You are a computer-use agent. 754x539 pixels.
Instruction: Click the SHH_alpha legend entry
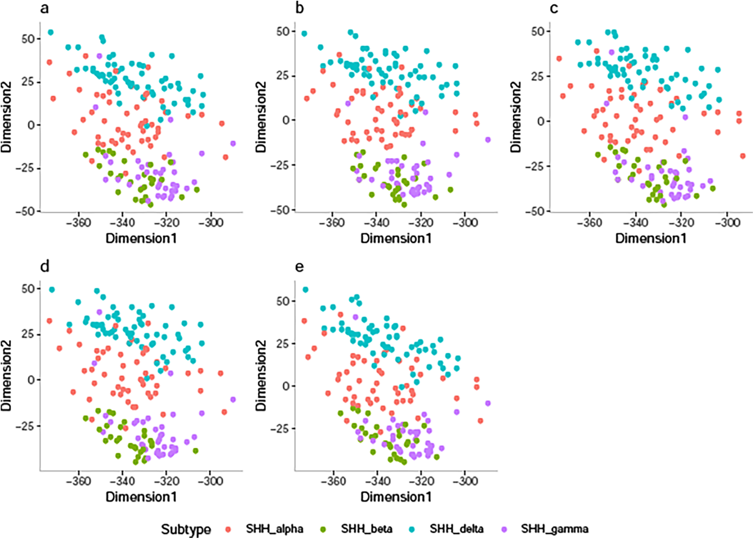click(x=274, y=529)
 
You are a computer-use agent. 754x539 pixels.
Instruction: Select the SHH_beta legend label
click(x=367, y=529)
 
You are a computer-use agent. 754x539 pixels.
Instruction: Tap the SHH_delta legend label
click(x=456, y=529)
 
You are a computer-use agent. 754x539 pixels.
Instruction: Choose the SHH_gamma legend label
click(x=554, y=529)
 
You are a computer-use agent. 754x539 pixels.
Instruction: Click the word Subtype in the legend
click(x=186, y=529)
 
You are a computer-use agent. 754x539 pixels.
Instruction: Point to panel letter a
click(x=45, y=8)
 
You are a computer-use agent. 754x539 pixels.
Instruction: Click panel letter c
click(x=554, y=8)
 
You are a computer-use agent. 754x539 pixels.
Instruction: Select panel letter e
click(x=299, y=267)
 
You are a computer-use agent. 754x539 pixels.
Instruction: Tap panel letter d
click(x=45, y=267)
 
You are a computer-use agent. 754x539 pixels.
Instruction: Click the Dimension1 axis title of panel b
click(x=396, y=238)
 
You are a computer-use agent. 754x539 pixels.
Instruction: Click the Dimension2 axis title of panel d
click(x=6, y=376)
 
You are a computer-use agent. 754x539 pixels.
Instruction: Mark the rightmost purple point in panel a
click(x=233, y=143)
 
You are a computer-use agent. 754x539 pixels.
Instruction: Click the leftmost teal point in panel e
click(x=305, y=290)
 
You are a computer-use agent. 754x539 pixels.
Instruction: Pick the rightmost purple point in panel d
click(x=233, y=399)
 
